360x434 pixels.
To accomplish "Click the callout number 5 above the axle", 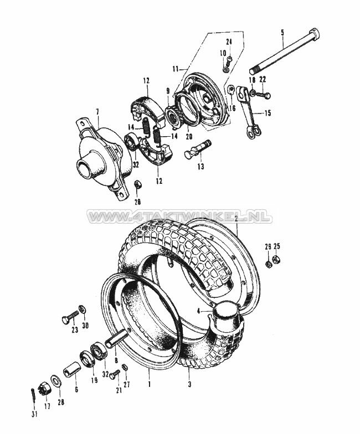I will (282, 32).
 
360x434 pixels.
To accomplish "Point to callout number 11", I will (176, 69).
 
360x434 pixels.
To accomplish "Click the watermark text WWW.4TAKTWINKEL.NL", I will (179, 217).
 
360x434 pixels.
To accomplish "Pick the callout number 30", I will (85, 326).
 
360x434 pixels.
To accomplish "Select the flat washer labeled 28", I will (57, 381).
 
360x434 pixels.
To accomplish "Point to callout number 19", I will (94, 380).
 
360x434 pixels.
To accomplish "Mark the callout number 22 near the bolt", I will (262, 79).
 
